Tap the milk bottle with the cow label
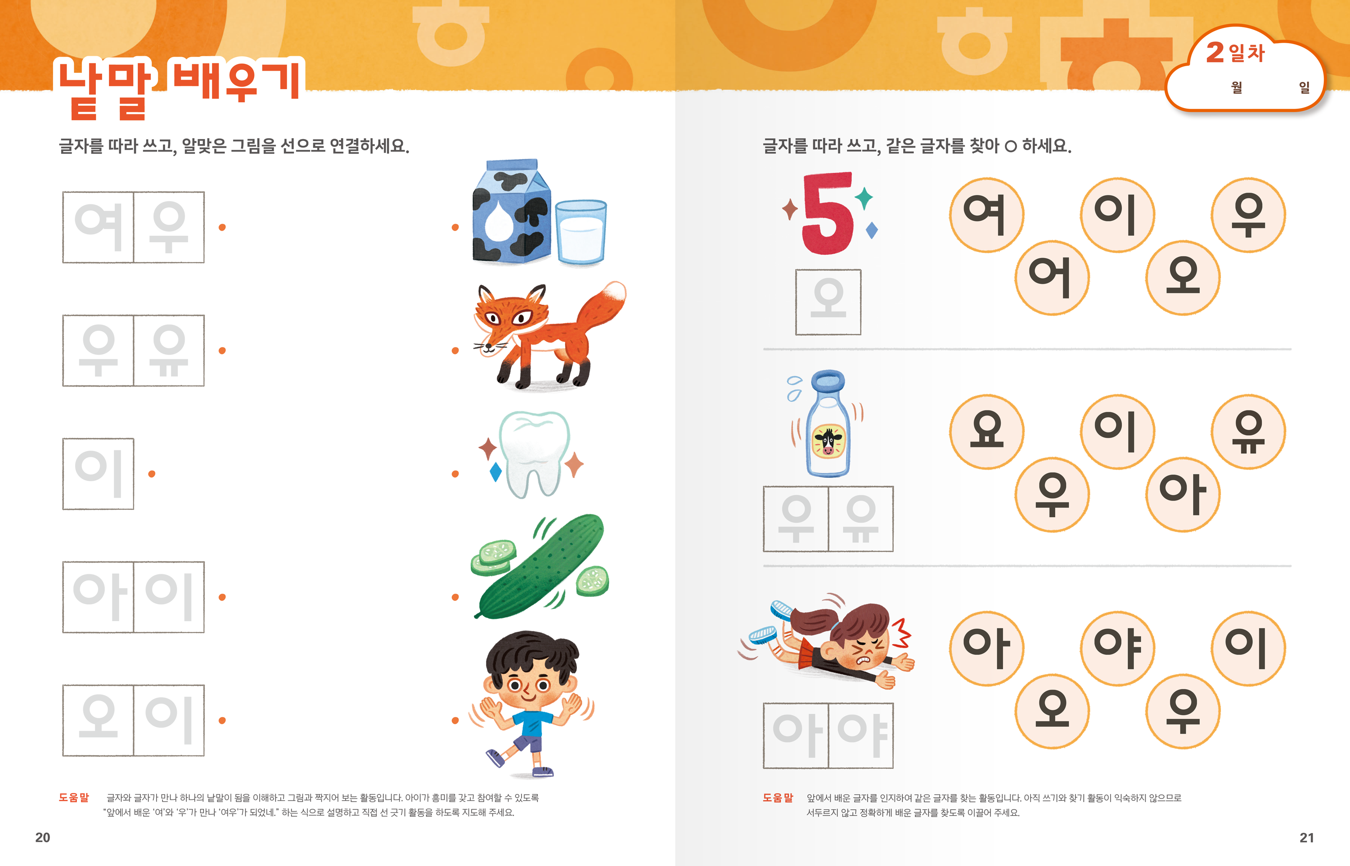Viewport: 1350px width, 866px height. click(x=828, y=424)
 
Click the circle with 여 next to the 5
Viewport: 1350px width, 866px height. click(x=987, y=215)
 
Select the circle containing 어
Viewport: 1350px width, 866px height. click(x=1052, y=277)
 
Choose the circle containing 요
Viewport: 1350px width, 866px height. click(x=987, y=431)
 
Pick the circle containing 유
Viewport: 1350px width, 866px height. click(x=1248, y=431)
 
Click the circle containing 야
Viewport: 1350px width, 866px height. click(x=1117, y=648)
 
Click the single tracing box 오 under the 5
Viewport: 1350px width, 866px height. click(x=828, y=302)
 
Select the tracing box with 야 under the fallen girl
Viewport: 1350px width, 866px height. click(x=860, y=735)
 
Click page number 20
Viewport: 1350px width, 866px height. click(x=43, y=837)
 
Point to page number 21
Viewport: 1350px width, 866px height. click(x=1307, y=837)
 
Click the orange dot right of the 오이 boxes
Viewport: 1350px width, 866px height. click(x=222, y=720)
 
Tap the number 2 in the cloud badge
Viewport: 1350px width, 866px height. click(x=1215, y=52)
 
